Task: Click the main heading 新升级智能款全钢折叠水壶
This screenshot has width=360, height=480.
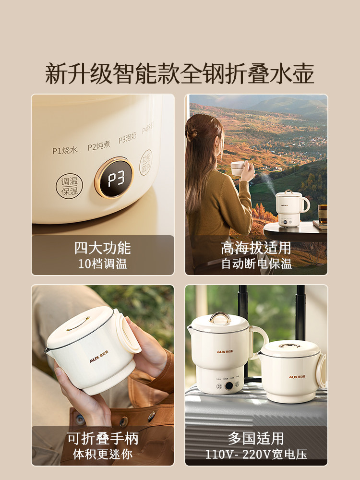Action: [180, 73]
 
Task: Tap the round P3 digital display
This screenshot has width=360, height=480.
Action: [114, 178]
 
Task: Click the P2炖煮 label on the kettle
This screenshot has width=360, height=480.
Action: [99, 146]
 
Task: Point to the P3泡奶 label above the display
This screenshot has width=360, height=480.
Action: [128, 138]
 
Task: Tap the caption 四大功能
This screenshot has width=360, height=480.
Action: [103, 248]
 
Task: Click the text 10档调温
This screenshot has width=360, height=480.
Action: [103, 264]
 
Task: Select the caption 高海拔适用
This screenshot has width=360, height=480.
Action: [256, 248]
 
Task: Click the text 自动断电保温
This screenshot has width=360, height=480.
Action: [256, 264]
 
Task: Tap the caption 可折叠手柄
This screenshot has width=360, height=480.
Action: [103, 438]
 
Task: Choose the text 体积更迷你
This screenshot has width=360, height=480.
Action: [103, 454]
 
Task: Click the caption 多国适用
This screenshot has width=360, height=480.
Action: [256, 438]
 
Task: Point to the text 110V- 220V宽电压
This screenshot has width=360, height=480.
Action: [256, 454]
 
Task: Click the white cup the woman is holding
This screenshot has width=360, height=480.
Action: [238, 168]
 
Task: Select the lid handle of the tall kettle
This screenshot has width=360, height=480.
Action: [220, 317]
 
